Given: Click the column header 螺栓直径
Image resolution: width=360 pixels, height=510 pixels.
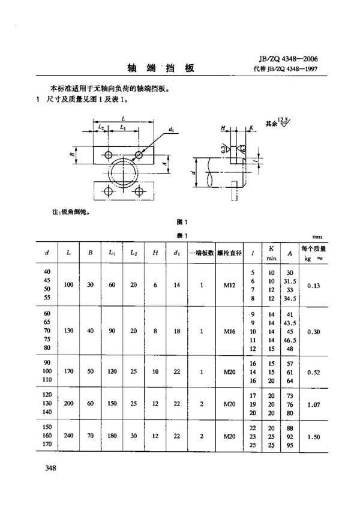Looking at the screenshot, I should (229, 253).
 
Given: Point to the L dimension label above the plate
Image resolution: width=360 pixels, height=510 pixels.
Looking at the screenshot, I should (122, 119).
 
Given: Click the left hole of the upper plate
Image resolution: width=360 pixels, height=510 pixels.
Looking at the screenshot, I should (108, 155).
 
